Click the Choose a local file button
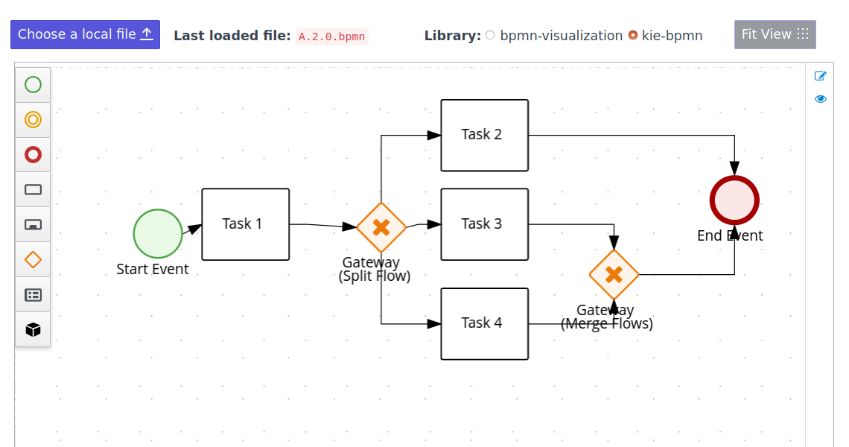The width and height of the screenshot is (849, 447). click(85, 34)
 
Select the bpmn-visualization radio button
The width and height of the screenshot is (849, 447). click(490, 35)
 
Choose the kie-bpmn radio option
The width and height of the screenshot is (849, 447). click(633, 35)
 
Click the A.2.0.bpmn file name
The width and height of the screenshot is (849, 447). click(332, 37)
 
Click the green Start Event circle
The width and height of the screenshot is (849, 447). click(158, 233)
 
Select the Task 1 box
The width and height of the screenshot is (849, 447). click(245, 224)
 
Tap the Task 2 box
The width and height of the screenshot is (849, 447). click(484, 135)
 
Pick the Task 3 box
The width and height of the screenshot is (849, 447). click(484, 224)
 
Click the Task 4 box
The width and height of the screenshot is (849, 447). click(484, 323)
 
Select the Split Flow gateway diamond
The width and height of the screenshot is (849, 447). click(381, 227)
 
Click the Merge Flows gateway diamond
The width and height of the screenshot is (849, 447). click(614, 275)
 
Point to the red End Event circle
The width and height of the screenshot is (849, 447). click(734, 200)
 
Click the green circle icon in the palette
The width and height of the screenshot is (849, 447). click(33, 84)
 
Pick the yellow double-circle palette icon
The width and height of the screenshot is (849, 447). click(33, 119)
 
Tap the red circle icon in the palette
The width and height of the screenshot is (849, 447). click(33, 154)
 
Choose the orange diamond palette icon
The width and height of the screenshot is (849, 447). click(33, 259)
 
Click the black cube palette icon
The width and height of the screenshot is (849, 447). click(33, 329)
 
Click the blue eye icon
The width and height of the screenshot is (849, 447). click(821, 98)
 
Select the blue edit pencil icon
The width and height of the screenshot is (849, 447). click(821, 75)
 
